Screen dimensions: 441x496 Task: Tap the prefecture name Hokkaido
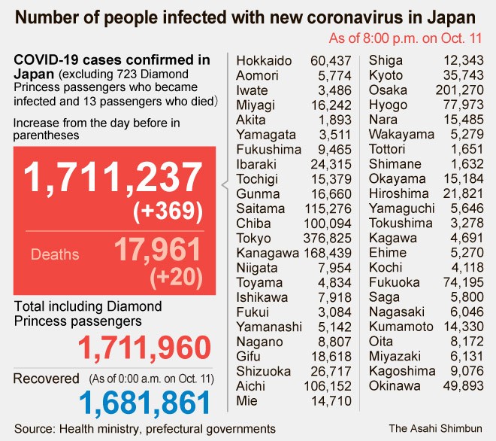click(264, 61)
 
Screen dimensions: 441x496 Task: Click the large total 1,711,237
click(113, 179)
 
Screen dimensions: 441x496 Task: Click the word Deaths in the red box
click(55, 254)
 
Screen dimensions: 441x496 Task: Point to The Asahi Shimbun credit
click(435, 428)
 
